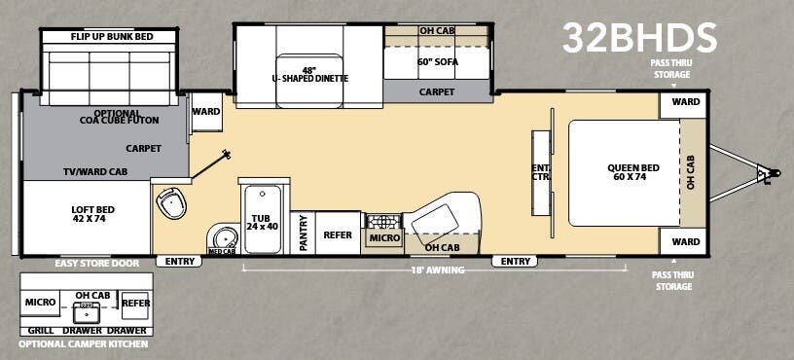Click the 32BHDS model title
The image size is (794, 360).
pos(639,38)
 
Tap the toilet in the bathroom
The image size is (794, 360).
pos(172,203)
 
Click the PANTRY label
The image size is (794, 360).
pos(303,234)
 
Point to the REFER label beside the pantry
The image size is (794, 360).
pos(338,234)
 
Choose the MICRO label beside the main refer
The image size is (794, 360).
pos(383,237)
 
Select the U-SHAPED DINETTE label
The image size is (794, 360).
pos(309,74)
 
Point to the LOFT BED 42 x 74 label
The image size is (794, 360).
pos(87,214)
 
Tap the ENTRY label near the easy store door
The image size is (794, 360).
pos(181,261)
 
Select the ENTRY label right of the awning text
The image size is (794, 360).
pos(515,261)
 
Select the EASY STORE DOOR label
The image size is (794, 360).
pos(97,263)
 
